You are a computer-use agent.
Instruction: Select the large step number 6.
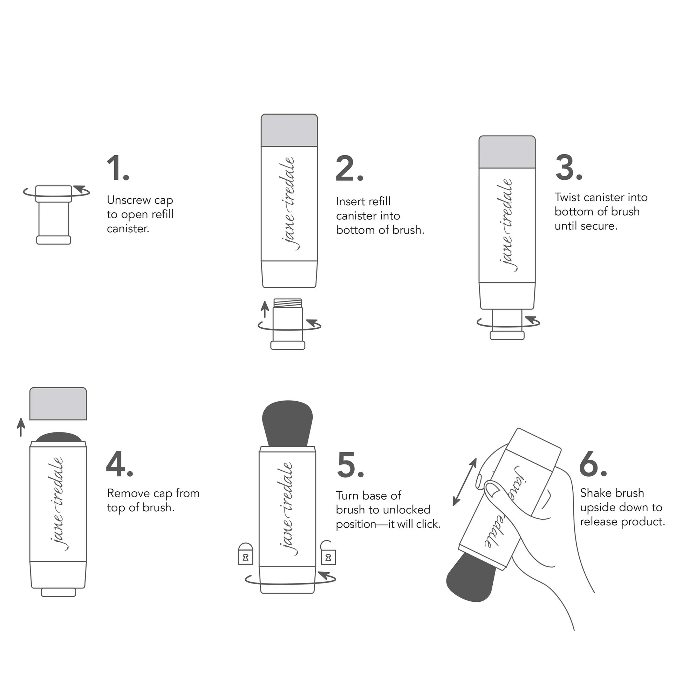(x=592, y=464)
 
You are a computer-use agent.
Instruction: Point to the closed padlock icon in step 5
(x=245, y=553)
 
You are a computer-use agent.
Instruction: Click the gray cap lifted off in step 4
(x=58, y=403)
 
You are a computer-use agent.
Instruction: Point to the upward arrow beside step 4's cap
(x=21, y=427)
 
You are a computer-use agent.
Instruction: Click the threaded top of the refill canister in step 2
(x=288, y=303)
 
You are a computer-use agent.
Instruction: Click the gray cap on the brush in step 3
(x=507, y=152)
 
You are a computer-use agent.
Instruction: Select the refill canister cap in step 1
(x=54, y=193)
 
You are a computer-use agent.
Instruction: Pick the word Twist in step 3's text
(x=566, y=197)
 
